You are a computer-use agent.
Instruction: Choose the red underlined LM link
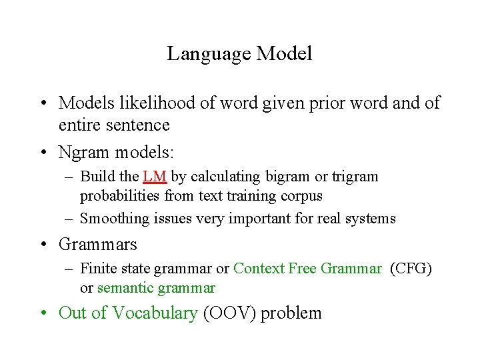155,177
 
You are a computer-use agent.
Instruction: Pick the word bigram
289,177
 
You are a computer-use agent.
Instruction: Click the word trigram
355,177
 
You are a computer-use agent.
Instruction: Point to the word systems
373,219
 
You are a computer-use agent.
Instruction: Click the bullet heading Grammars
97,245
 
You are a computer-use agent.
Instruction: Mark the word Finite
98,269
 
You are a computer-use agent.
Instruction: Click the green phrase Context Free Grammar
307,269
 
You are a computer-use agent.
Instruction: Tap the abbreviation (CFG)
411,269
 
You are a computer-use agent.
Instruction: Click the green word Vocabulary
155,313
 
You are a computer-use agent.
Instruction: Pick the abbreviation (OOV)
229,313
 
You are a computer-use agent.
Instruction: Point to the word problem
291,313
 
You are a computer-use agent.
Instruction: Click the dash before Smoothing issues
70,219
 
